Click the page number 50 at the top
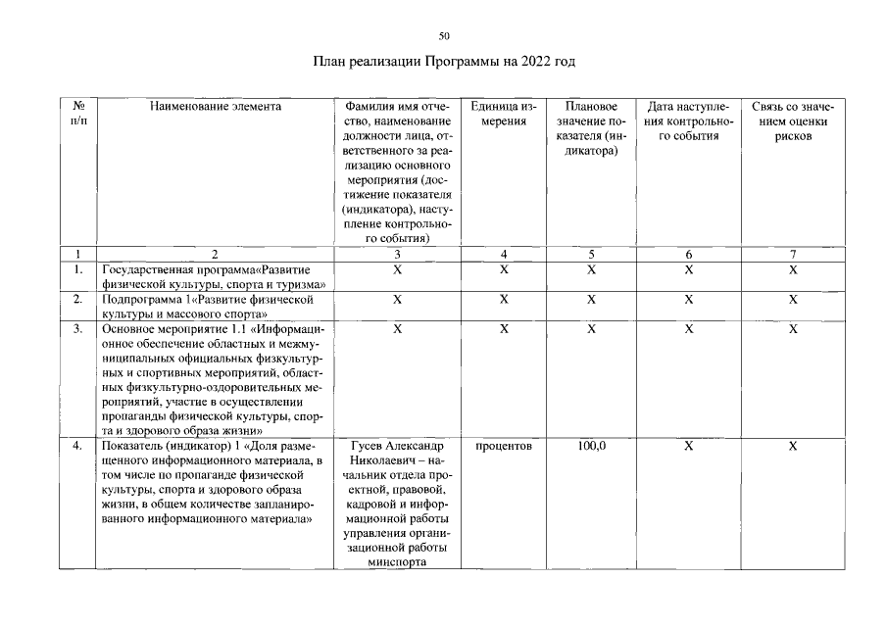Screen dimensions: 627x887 444,35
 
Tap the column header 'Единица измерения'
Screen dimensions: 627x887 503,113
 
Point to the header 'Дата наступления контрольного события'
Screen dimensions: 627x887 688,121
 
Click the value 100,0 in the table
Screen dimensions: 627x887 591,446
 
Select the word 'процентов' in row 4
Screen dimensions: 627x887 503,446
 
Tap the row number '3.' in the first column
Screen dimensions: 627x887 77,329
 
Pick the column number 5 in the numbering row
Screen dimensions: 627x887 591,253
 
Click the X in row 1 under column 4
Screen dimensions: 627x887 503,268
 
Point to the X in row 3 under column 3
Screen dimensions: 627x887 397,329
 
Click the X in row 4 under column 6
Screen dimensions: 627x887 688,446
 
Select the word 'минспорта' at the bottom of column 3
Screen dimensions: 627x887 397,562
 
